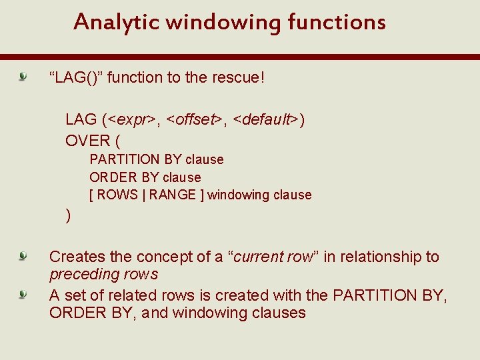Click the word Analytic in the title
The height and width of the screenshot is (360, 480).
tap(116, 23)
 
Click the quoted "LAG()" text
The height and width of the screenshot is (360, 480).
tap(75, 77)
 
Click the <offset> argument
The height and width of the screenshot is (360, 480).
tap(194, 120)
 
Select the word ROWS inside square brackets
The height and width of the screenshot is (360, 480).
tap(117, 195)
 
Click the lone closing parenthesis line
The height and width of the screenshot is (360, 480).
tap(68, 215)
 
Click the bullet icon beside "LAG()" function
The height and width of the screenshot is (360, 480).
tap(23, 78)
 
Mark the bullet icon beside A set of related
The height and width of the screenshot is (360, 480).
tap(23, 294)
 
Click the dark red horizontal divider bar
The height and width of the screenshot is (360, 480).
tap(240, 57)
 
